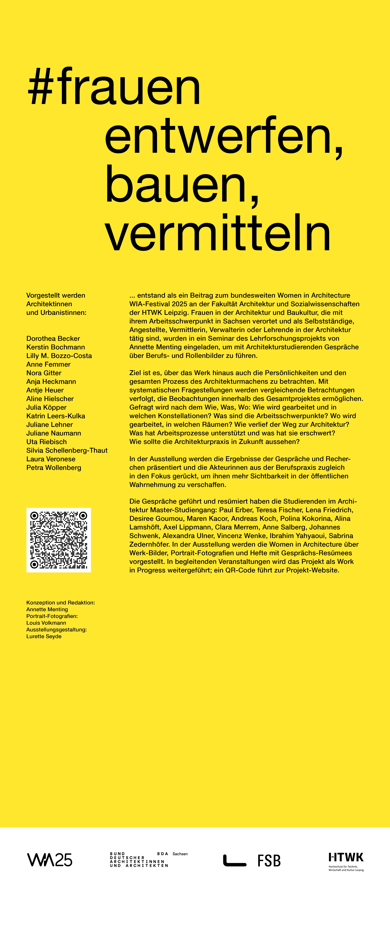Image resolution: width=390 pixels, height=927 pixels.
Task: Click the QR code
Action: coord(59,540)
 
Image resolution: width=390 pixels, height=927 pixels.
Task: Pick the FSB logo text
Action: coord(269,861)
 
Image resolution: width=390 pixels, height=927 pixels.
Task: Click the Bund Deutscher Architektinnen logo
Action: coord(139,860)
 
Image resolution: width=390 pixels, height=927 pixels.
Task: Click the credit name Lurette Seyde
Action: coord(44,636)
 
